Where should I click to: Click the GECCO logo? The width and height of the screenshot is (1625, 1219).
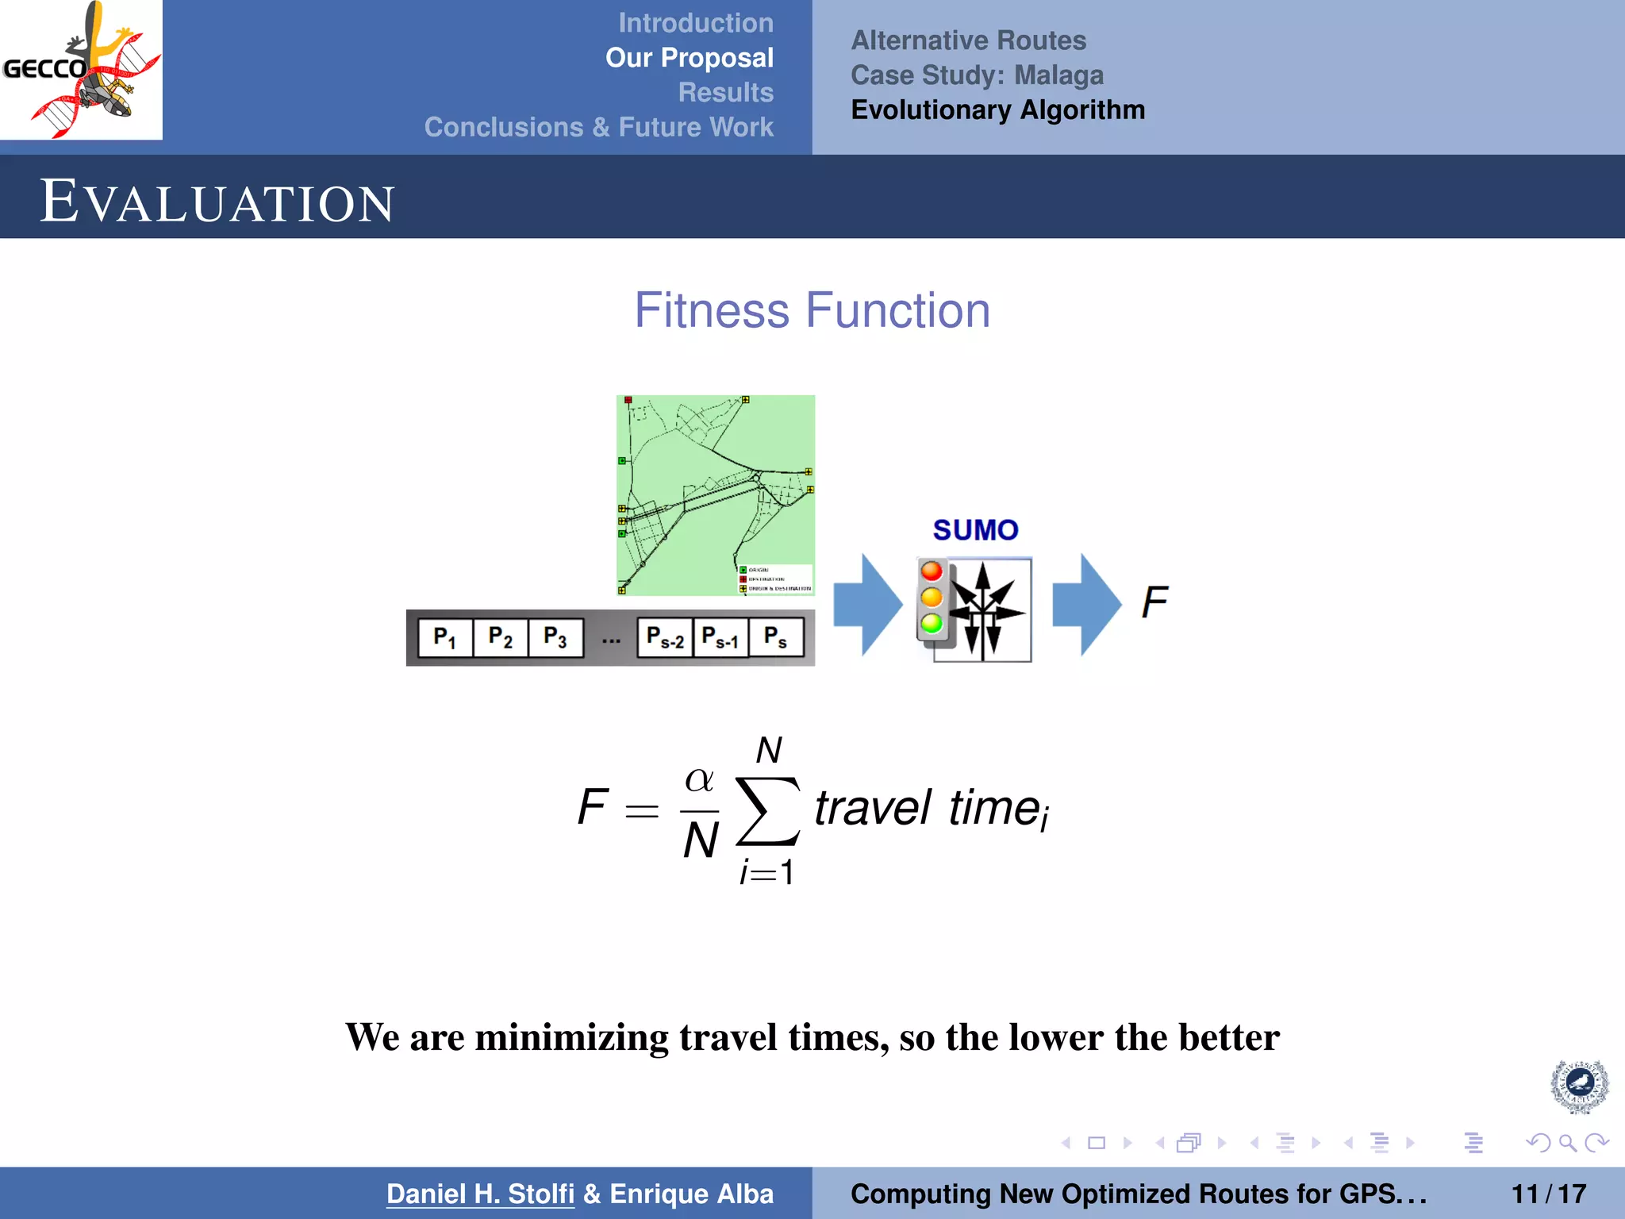point(81,70)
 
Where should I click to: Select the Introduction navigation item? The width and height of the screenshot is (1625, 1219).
point(695,23)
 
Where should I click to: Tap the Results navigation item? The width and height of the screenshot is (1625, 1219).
point(725,92)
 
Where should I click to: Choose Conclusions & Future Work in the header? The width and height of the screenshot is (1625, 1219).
point(598,127)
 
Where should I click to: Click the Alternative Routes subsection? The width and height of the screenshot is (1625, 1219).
point(968,40)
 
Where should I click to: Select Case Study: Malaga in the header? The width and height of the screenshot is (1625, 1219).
point(977,75)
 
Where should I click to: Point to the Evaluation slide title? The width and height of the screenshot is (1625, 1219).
point(217,201)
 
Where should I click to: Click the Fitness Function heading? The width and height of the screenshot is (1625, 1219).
point(812,310)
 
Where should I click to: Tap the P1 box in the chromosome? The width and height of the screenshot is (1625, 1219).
point(445,637)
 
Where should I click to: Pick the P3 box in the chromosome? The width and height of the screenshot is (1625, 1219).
point(555,637)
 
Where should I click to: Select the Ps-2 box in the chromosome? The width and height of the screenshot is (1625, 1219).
point(665,637)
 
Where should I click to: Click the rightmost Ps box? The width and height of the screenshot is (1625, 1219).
point(775,637)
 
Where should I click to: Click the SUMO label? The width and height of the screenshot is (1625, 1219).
point(975,530)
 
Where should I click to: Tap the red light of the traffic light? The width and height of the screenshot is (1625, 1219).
point(932,571)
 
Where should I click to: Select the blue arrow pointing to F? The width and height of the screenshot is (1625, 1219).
point(1085,605)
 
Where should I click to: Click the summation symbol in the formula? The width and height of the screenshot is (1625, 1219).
point(767,810)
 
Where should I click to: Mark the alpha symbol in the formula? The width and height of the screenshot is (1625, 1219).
point(699,779)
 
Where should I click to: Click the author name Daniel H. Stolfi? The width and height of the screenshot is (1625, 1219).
point(480,1194)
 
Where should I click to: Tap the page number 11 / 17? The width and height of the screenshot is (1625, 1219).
point(1548,1194)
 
